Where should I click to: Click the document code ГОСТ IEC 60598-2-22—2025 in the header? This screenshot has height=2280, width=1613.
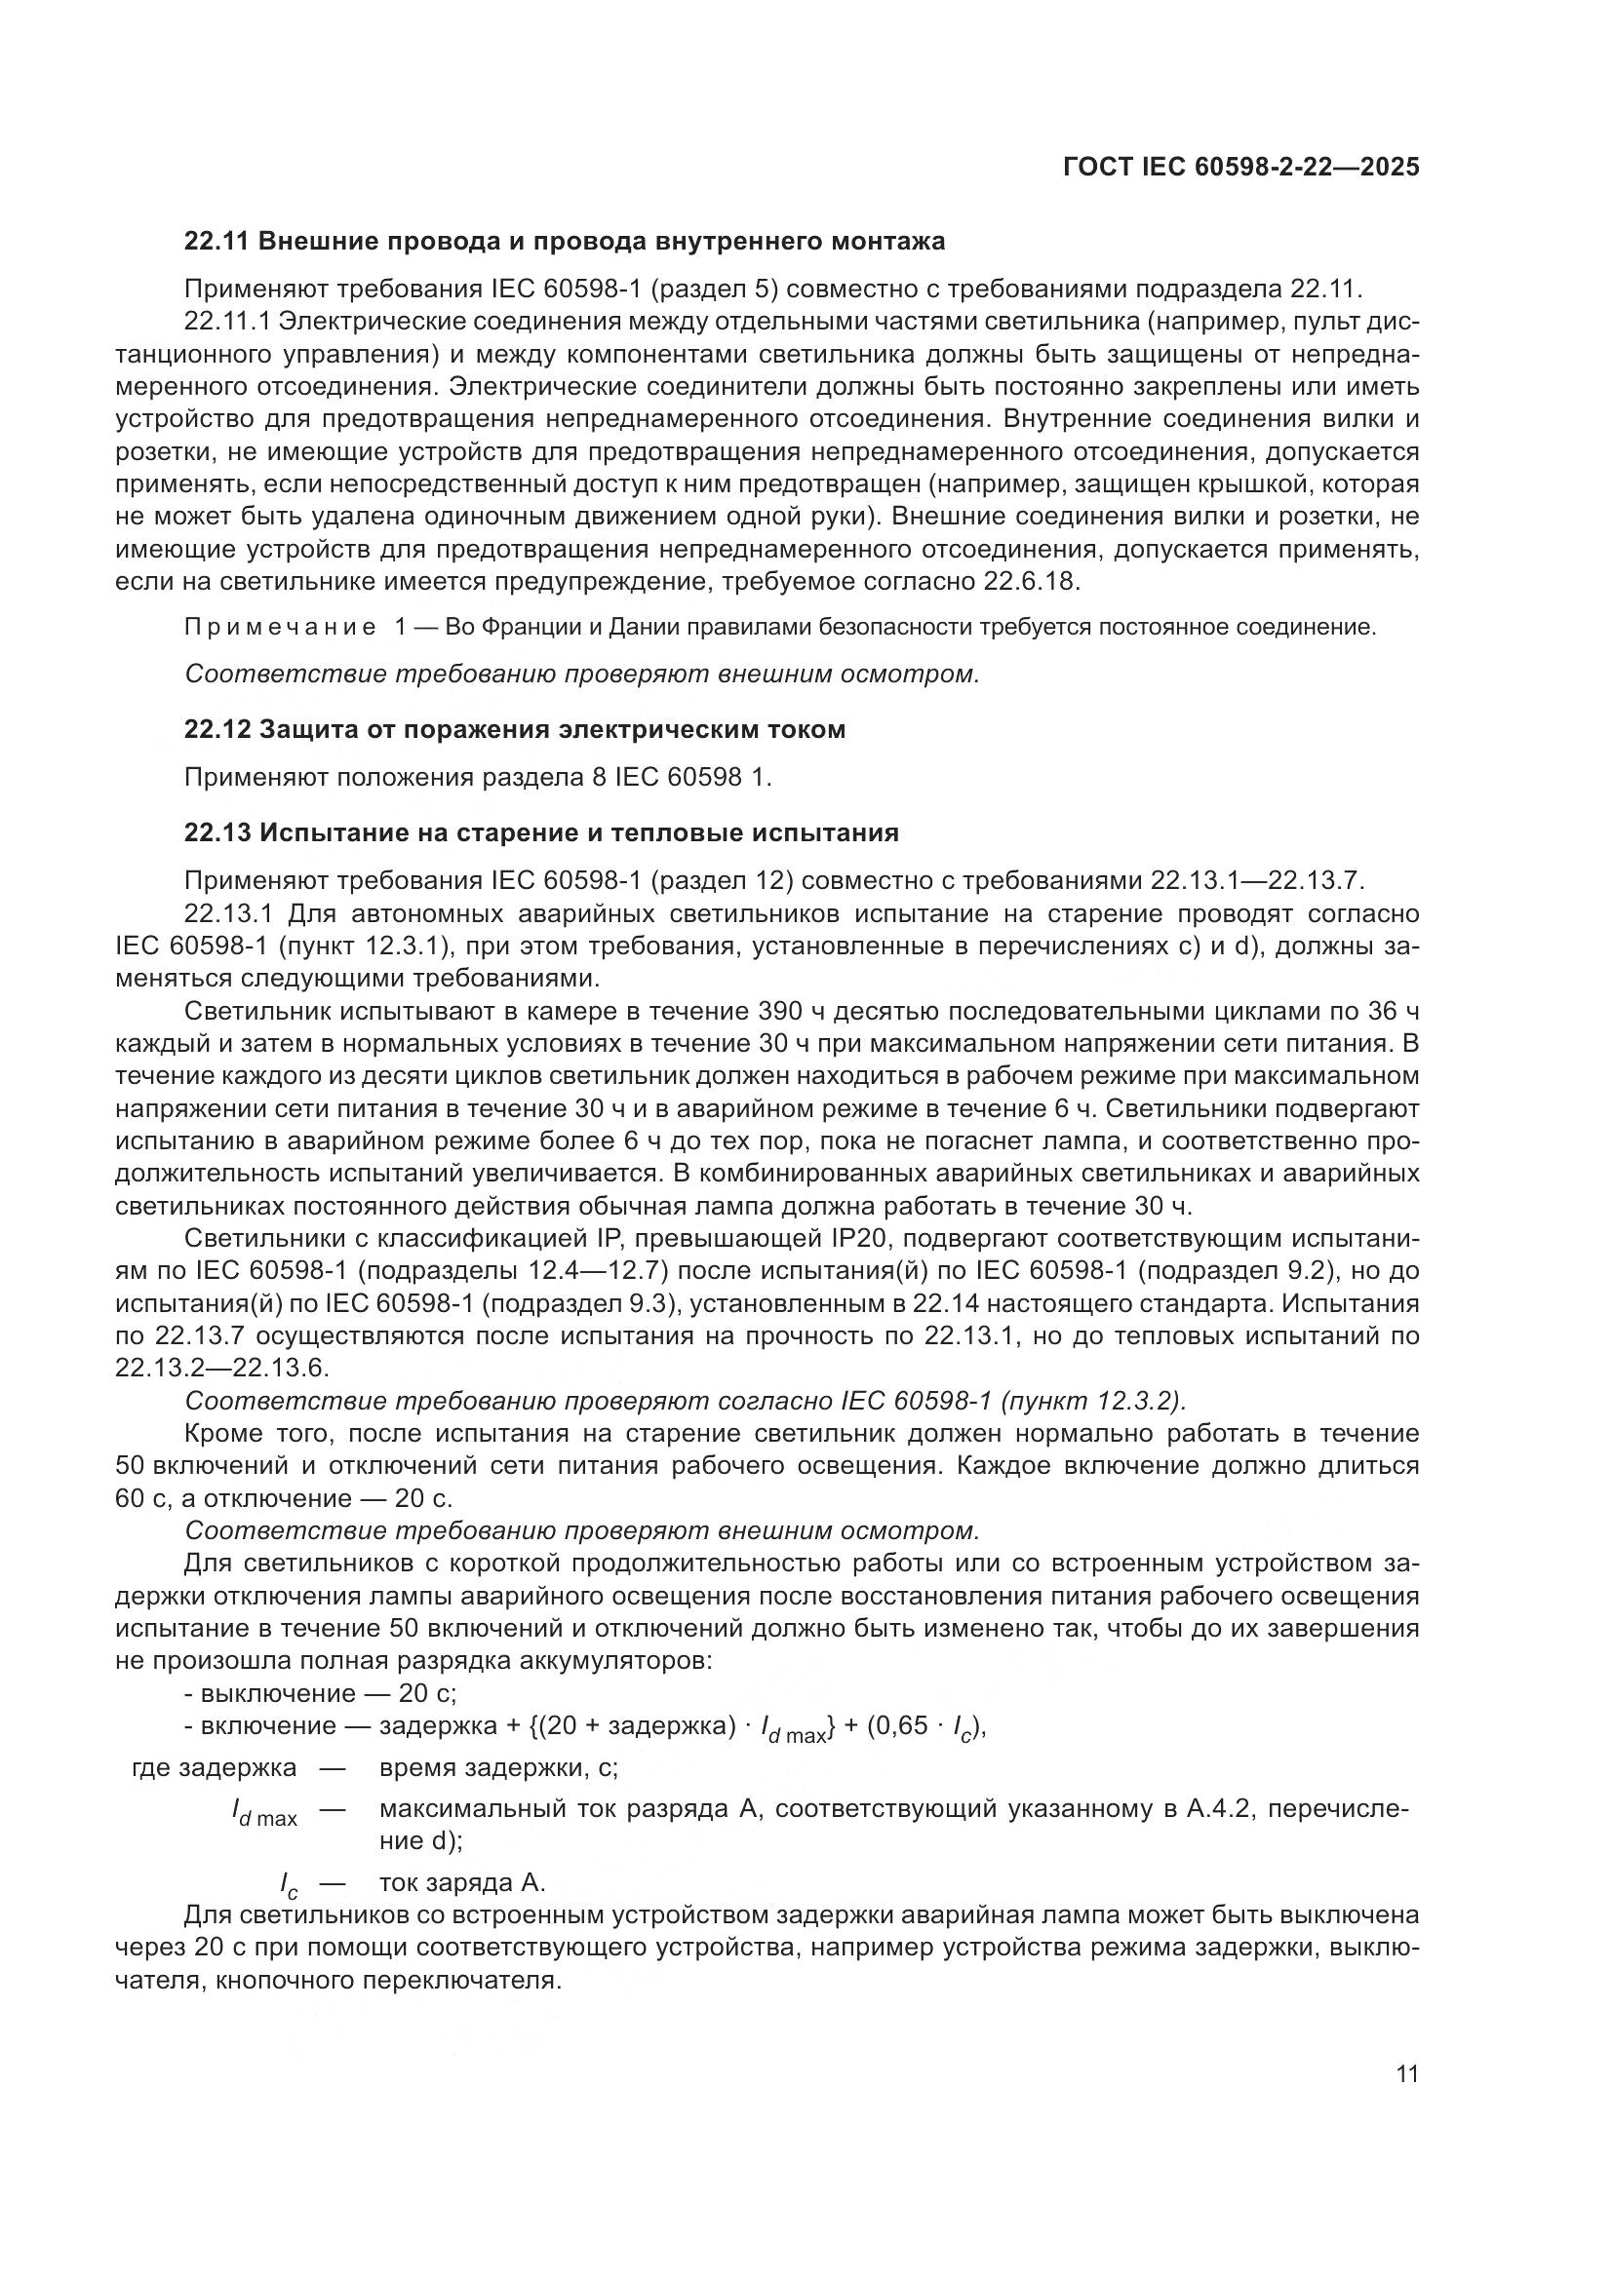tap(1240, 167)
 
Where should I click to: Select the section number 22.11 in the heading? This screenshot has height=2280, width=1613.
tap(217, 242)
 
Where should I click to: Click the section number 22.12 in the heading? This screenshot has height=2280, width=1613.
tap(217, 729)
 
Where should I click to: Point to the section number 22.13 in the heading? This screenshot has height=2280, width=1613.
tap(217, 832)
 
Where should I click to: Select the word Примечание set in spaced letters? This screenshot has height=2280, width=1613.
tap(280, 628)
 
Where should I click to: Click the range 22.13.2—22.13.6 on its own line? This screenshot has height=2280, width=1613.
tap(221, 1369)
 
